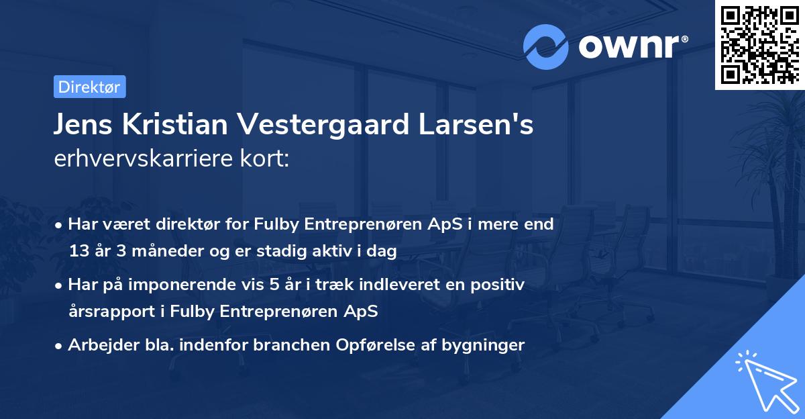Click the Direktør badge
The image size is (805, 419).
click(x=89, y=87)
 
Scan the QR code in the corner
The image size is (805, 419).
click(x=759, y=44)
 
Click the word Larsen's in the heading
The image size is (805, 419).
click(x=486, y=126)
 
